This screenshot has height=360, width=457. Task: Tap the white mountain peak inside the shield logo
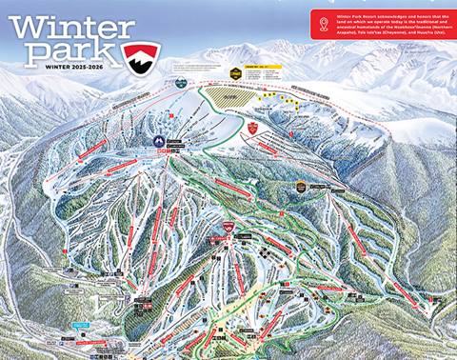coord(141,56)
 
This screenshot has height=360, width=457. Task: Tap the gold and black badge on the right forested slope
coord(302,186)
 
